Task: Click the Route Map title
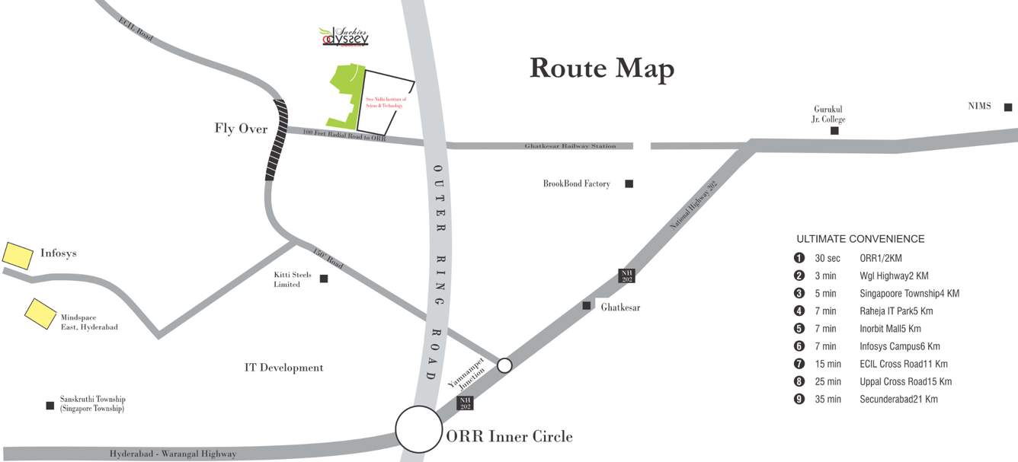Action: coord(601,68)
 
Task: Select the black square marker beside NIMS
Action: coord(1007,107)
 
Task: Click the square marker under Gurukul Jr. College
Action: coord(834,131)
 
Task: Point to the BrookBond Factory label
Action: coord(576,183)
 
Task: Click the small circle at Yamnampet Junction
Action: coord(504,365)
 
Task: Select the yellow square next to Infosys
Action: coord(18,255)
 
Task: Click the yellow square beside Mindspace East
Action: coord(40,313)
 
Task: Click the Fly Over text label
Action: coord(241,129)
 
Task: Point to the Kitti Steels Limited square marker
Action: coord(324,279)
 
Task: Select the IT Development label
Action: coord(283,368)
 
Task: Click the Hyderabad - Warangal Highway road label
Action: coord(172,454)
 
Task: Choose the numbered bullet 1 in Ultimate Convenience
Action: coord(799,258)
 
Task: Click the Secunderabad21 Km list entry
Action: coord(898,399)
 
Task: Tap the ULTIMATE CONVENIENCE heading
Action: coord(860,239)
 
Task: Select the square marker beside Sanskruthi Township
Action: coord(50,405)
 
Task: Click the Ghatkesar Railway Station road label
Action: coord(570,146)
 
